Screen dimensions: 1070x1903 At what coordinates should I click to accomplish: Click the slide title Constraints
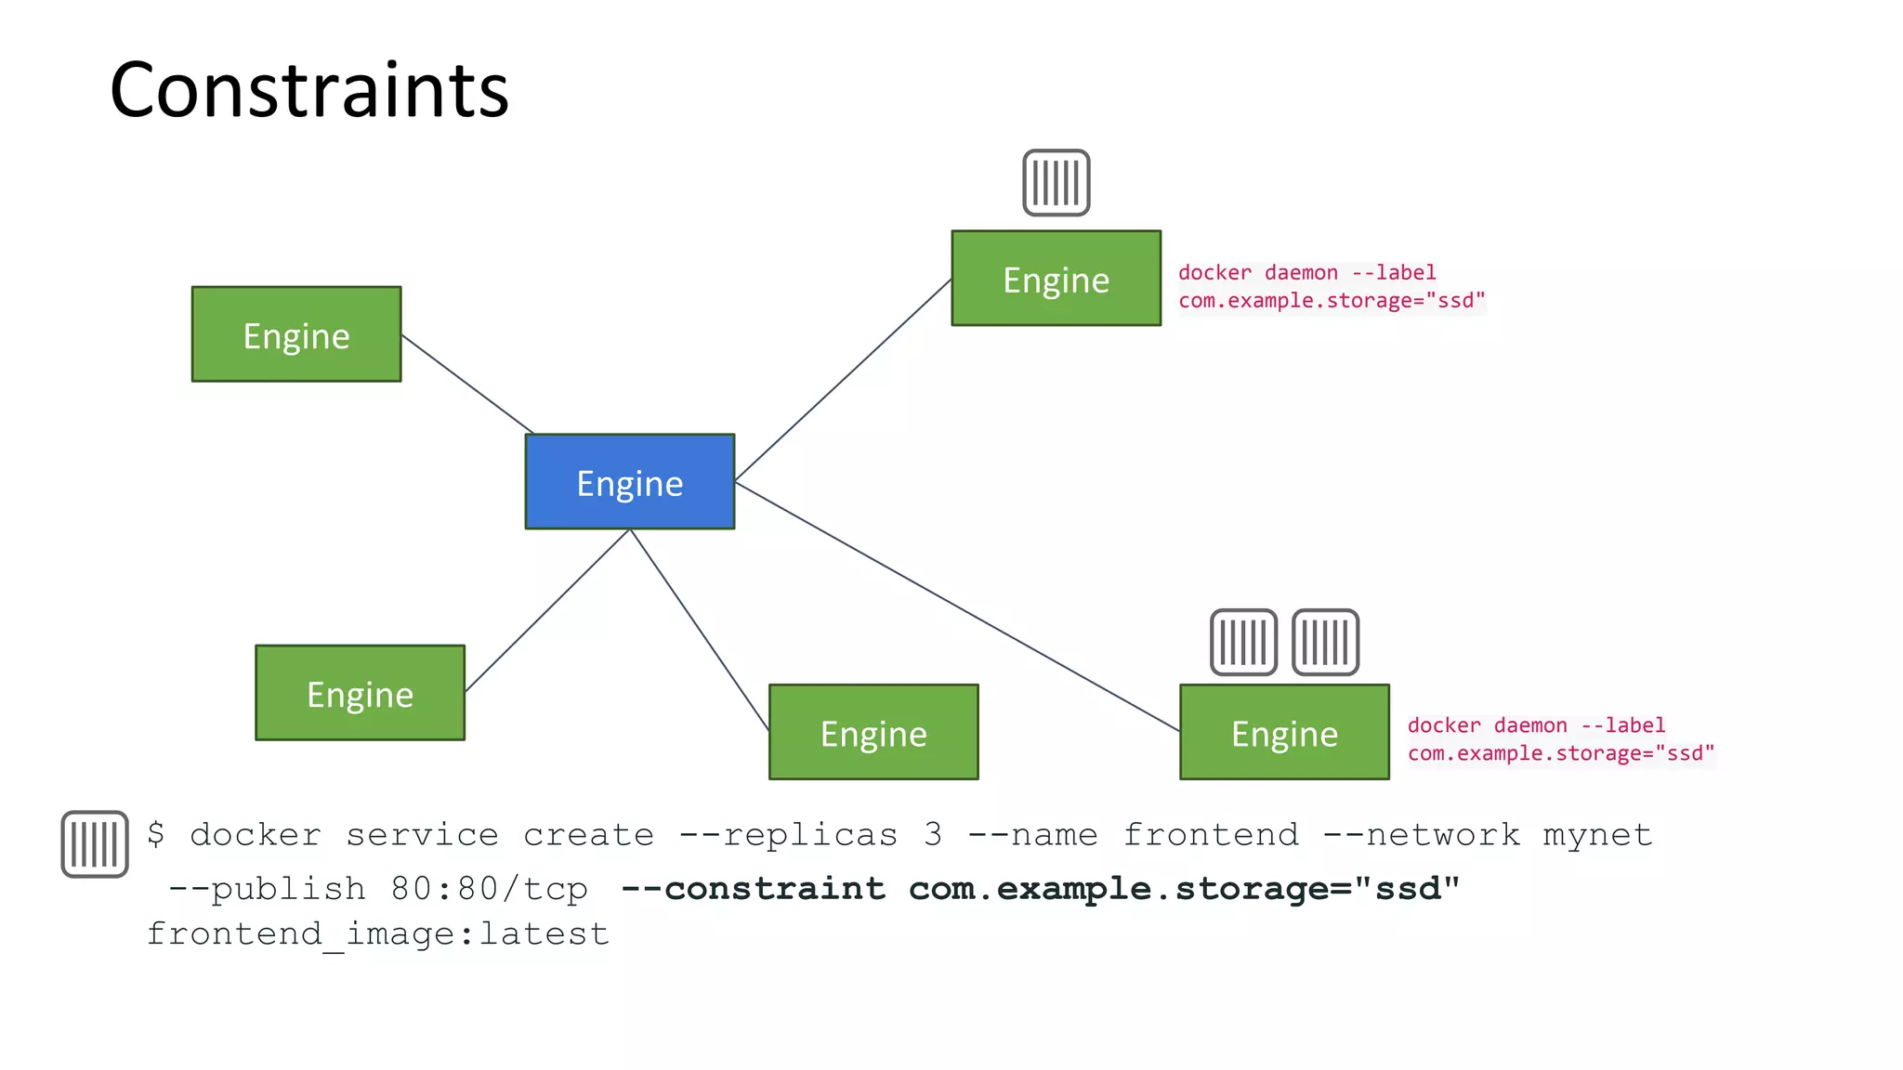coord(309,90)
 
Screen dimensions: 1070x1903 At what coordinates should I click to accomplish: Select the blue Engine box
coord(630,482)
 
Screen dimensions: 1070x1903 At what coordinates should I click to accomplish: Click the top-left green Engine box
coord(296,334)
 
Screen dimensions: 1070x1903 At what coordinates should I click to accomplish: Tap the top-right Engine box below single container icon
coord(1056,279)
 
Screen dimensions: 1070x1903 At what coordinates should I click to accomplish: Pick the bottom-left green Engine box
coord(360,693)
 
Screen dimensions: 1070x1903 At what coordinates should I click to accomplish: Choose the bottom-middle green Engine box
coord(873,732)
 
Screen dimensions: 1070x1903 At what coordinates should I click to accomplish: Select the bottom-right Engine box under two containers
coord(1284,732)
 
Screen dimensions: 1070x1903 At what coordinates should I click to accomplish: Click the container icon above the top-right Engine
coord(1056,183)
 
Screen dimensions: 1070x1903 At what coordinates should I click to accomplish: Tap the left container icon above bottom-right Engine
coord(1243,643)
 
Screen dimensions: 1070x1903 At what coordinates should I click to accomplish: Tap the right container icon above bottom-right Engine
coord(1325,643)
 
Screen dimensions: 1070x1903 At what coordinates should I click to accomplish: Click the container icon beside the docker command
coord(95,844)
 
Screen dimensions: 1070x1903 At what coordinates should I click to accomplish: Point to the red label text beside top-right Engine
coord(1331,286)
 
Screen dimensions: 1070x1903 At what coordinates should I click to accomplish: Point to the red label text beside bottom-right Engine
coord(1560,739)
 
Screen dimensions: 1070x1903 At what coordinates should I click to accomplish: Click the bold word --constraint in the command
coord(753,889)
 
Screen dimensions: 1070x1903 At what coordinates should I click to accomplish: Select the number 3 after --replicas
coord(933,834)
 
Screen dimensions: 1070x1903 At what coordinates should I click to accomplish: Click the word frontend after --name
coord(1211,834)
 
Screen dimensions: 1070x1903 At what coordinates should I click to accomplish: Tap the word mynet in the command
coord(1597,834)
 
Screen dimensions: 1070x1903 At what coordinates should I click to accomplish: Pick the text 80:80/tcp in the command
coord(489,889)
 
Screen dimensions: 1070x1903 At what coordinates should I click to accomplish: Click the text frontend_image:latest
coord(377,933)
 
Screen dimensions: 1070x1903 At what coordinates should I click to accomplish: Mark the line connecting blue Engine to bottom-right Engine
coord(957,607)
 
